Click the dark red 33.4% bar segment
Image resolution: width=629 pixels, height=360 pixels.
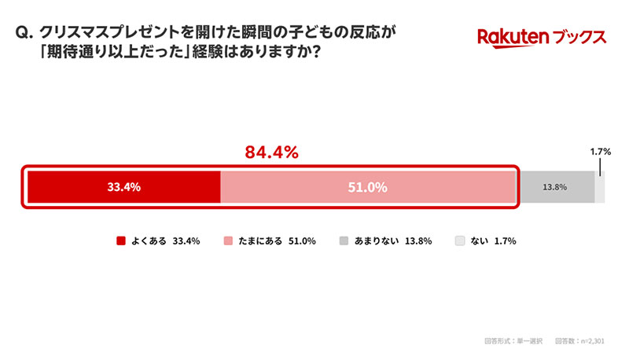click(124, 187)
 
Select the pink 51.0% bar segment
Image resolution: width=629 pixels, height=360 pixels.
click(368, 187)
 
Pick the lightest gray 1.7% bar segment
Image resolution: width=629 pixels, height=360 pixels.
click(600, 187)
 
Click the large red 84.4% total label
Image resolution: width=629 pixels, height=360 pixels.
click(271, 152)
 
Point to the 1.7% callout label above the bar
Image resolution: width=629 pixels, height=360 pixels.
click(600, 152)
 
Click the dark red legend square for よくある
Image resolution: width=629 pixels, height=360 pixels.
click(121, 241)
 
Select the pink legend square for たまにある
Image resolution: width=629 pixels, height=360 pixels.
click(228, 241)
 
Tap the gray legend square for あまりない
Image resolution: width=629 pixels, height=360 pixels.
click(344, 241)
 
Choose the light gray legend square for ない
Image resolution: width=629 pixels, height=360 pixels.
click(460, 241)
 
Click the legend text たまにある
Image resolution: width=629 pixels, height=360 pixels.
click(260, 241)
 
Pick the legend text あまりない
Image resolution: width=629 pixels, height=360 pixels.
click(377, 241)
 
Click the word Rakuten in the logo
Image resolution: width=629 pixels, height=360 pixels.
click(513, 38)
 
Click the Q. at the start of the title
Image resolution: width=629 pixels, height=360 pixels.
click(24, 32)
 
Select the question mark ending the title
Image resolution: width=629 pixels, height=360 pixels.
click(316, 52)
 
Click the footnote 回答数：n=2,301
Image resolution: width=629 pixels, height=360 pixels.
click(579, 341)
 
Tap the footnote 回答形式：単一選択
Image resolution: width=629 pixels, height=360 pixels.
click(513, 341)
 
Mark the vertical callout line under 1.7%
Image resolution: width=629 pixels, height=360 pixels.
click(600, 167)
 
